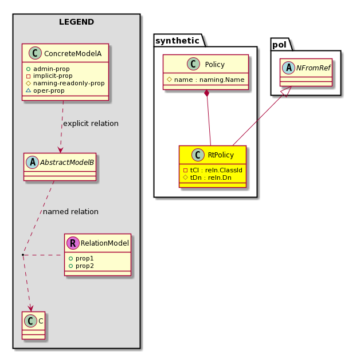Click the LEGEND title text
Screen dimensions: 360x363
point(76,22)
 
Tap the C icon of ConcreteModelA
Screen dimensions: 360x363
point(35,53)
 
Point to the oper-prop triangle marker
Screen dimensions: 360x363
point(28,90)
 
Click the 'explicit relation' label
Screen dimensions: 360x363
point(91,124)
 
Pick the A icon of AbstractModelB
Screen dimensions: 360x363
point(33,162)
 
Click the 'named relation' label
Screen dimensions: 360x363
point(71,212)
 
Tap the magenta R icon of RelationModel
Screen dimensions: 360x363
point(73,243)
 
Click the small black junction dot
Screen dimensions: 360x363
point(23,255)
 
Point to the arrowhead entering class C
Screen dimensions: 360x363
point(30,308)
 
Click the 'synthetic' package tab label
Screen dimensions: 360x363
point(177,41)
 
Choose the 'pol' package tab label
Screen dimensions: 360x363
point(279,45)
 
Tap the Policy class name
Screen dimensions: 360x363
point(214,64)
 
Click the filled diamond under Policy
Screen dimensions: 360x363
point(207,93)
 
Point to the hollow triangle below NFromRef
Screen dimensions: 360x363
point(287,92)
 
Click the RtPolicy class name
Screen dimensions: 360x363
point(221,155)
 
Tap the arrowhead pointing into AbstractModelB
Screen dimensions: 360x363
point(61,149)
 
